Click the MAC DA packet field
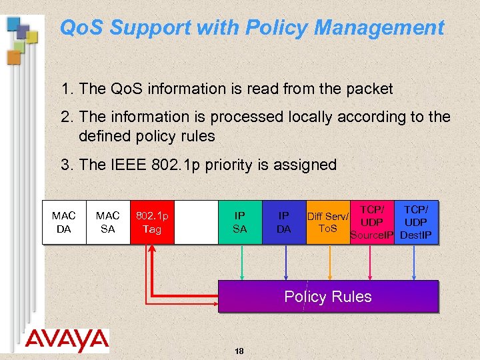(64, 222)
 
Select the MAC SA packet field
(107, 222)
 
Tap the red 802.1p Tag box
(152, 222)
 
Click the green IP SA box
(239, 222)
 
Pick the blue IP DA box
(283, 222)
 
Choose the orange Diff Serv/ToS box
(327, 222)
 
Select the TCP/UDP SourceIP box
(371, 222)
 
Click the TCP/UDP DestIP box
(416, 222)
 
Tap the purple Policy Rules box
(328, 297)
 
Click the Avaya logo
(67, 340)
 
